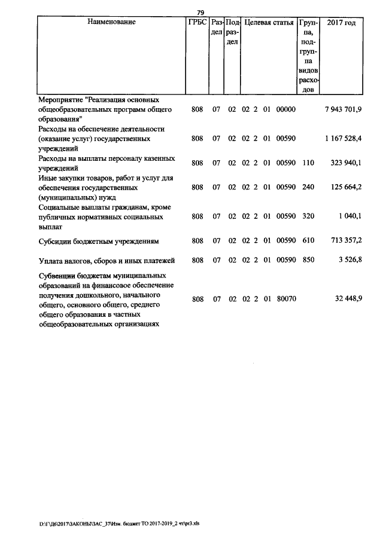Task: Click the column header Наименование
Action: click(x=111, y=22)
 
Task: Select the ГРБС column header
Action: click(x=197, y=22)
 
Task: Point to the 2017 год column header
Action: click(x=341, y=22)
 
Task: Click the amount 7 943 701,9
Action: click(x=343, y=110)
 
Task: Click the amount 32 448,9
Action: click(x=349, y=299)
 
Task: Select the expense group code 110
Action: click(x=308, y=163)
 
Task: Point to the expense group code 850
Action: click(x=308, y=260)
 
